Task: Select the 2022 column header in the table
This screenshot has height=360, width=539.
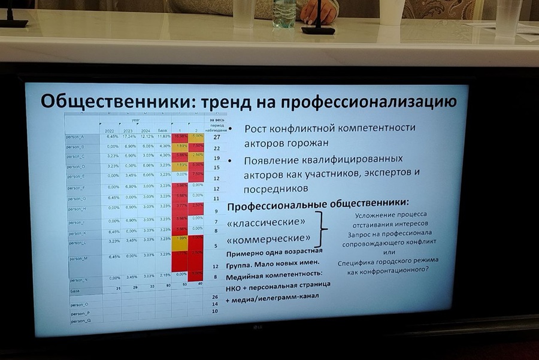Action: pos(110,131)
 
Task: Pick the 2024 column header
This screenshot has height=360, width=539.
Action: pos(146,131)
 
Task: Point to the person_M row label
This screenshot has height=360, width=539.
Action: pos(80,259)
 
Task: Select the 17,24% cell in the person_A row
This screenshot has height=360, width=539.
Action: pos(129,137)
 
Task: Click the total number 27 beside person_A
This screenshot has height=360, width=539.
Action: pos(217,137)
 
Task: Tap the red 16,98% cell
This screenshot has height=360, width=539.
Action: pos(179,136)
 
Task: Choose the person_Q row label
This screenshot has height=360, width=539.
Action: pos(80,321)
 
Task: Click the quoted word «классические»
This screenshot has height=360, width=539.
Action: pos(269,222)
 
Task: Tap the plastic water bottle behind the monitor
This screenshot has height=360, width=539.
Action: pos(284,13)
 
